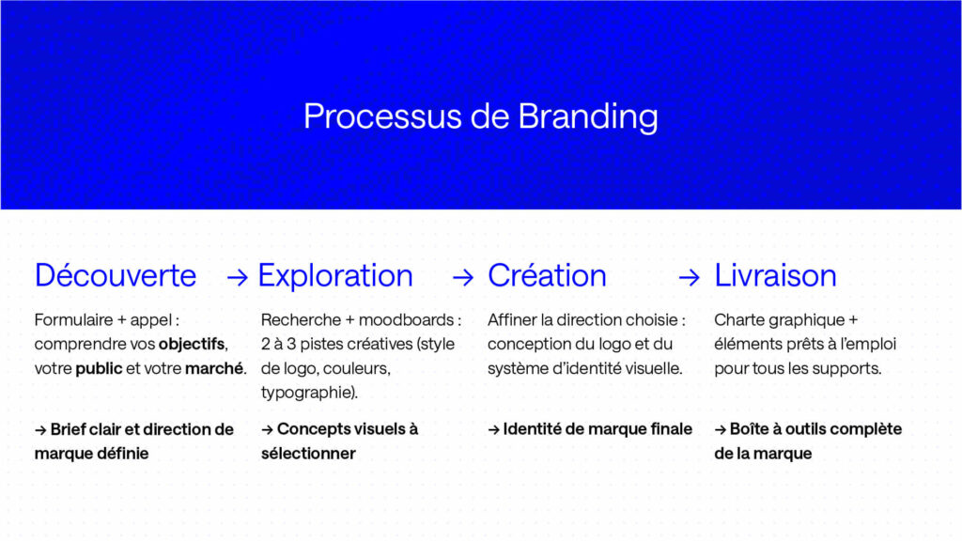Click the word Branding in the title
pos(588,117)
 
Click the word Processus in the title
pos(383,116)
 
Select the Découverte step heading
pos(116,275)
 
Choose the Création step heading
pos(547,275)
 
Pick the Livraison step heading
pos(775,275)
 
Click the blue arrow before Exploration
pos(238,278)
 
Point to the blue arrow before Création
pos(463,278)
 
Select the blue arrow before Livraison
pos(689,278)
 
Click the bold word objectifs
pos(192,344)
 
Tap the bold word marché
pos(214,368)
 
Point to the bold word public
pos(99,368)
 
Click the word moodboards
pos(406,319)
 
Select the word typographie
pos(307,393)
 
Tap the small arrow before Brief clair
pos(40,430)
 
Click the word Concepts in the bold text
pos(310,429)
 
